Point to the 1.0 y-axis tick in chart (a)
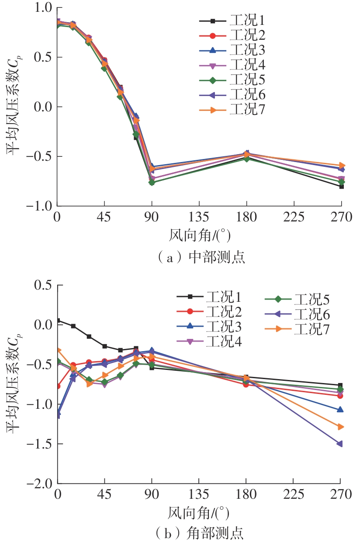click(42, 8)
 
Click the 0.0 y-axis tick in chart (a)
click(42, 107)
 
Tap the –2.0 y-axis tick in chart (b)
click(39, 483)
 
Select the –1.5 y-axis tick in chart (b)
click(39, 444)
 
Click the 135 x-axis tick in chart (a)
click(199, 217)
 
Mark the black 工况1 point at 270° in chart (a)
click(341, 186)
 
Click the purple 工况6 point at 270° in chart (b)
click(340, 444)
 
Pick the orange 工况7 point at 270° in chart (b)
click(340, 427)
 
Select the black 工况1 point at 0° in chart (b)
click(58, 320)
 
